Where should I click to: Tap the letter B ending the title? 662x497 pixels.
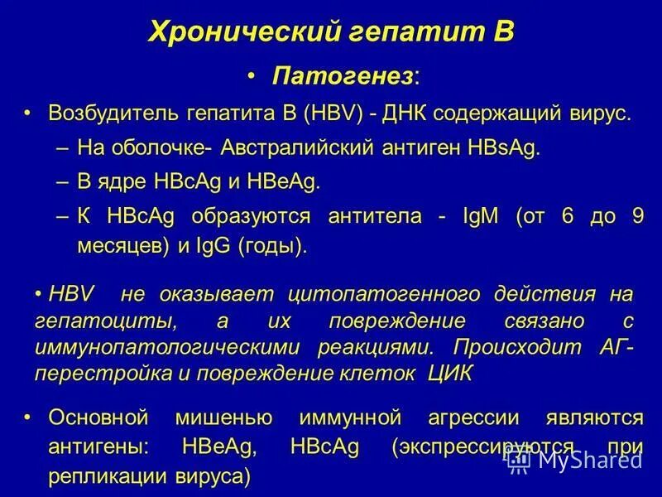pos(504,32)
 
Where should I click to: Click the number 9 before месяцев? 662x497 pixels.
pos(636,217)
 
